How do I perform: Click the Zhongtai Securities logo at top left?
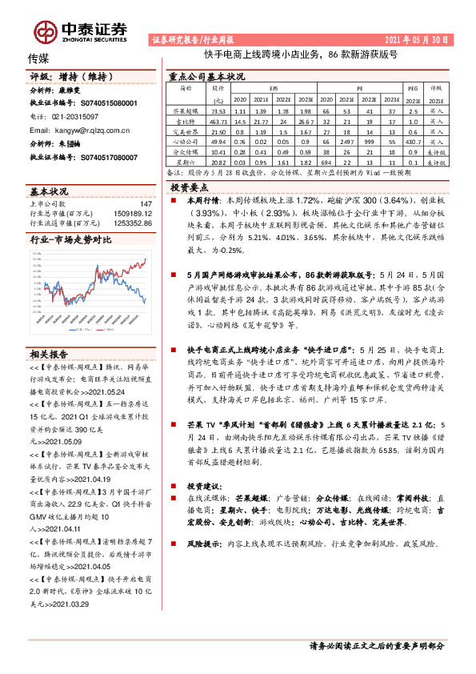point(80,30)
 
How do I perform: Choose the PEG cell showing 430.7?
point(413,141)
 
